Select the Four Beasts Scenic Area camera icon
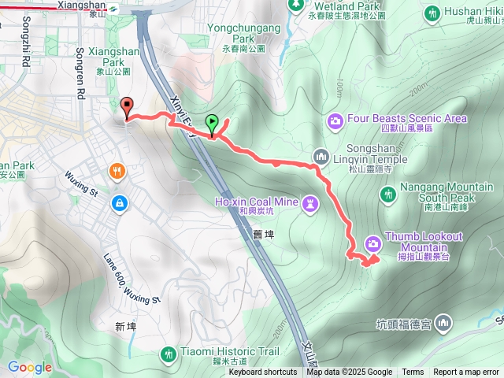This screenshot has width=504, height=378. coord(335,120)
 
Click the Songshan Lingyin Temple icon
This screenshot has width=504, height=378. coord(321,156)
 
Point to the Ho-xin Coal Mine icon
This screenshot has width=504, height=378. coord(311,203)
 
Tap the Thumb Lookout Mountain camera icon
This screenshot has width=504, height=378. coord(372,241)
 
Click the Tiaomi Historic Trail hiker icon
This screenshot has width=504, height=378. coord(168,354)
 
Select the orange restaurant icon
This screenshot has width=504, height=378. coord(117,171)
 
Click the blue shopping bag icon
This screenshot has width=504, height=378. coord(117,202)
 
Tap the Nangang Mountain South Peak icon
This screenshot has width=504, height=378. coord(387,193)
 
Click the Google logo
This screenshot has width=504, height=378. coord(29,367)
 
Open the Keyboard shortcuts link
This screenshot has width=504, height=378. coord(263,372)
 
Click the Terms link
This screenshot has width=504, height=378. coord(413,372)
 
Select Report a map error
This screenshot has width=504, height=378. coord(467,372)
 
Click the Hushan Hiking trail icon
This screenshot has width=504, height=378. coord(432,13)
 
